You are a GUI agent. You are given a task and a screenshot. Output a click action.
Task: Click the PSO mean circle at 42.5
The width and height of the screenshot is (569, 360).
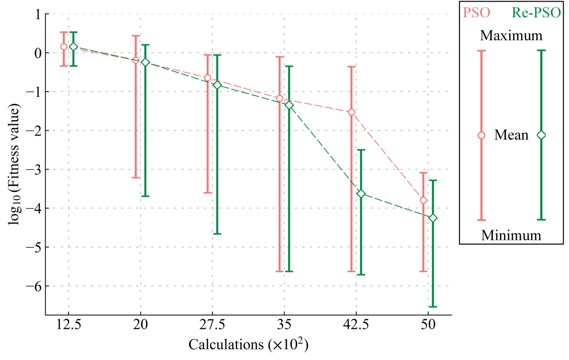(x=351, y=112)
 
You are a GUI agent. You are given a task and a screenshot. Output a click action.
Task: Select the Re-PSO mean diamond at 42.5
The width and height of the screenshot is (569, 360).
(x=361, y=194)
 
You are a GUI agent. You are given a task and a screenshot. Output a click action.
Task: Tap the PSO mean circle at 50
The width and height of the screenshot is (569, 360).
(x=423, y=200)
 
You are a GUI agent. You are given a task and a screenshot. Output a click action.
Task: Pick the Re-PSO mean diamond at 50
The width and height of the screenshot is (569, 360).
(x=433, y=218)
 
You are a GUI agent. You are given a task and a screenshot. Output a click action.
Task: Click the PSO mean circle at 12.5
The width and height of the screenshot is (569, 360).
(x=64, y=46)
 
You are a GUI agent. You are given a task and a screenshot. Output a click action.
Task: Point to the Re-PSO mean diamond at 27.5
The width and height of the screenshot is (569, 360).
(x=217, y=85)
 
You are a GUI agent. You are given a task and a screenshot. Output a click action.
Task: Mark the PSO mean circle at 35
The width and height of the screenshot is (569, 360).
(x=279, y=99)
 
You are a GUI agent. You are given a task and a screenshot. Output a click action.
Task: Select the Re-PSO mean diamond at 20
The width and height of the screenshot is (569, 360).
(x=145, y=62)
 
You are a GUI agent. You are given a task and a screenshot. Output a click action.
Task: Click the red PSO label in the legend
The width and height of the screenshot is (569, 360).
(x=476, y=12)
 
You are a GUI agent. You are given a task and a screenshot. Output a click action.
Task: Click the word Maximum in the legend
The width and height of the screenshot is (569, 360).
(x=511, y=36)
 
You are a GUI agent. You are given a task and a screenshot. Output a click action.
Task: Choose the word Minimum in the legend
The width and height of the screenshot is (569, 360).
(x=511, y=235)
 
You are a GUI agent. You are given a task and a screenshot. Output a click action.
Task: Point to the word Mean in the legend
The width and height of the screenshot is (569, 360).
(x=511, y=135)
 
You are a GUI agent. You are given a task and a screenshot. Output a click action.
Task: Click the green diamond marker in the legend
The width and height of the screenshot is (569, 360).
(x=541, y=135)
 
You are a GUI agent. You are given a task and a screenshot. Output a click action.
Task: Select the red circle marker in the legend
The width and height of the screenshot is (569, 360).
(x=481, y=135)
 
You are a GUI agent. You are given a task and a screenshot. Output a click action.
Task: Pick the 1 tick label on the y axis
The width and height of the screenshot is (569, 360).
(x=37, y=14)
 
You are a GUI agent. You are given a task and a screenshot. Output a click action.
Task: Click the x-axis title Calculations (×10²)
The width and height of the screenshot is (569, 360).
(x=248, y=346)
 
